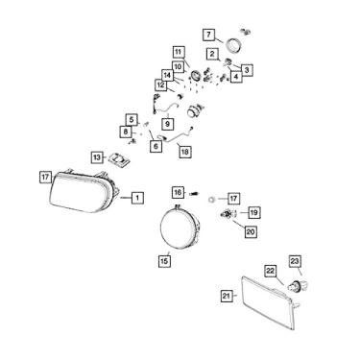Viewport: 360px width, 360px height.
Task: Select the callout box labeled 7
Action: click(x=207, y=36)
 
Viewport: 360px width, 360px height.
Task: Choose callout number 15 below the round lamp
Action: click(x=163, y=259)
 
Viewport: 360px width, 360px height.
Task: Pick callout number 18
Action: click(x=185, y=151)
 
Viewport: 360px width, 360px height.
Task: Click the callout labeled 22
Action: click(x=270, y=272)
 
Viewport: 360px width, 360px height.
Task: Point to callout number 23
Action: click(x=296, y=260)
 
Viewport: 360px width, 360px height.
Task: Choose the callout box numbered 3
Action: click(x=247, y=69)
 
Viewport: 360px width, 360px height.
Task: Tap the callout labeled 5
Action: click(x=132, y=119)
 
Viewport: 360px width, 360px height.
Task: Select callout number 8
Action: click(x=125, y=132)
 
